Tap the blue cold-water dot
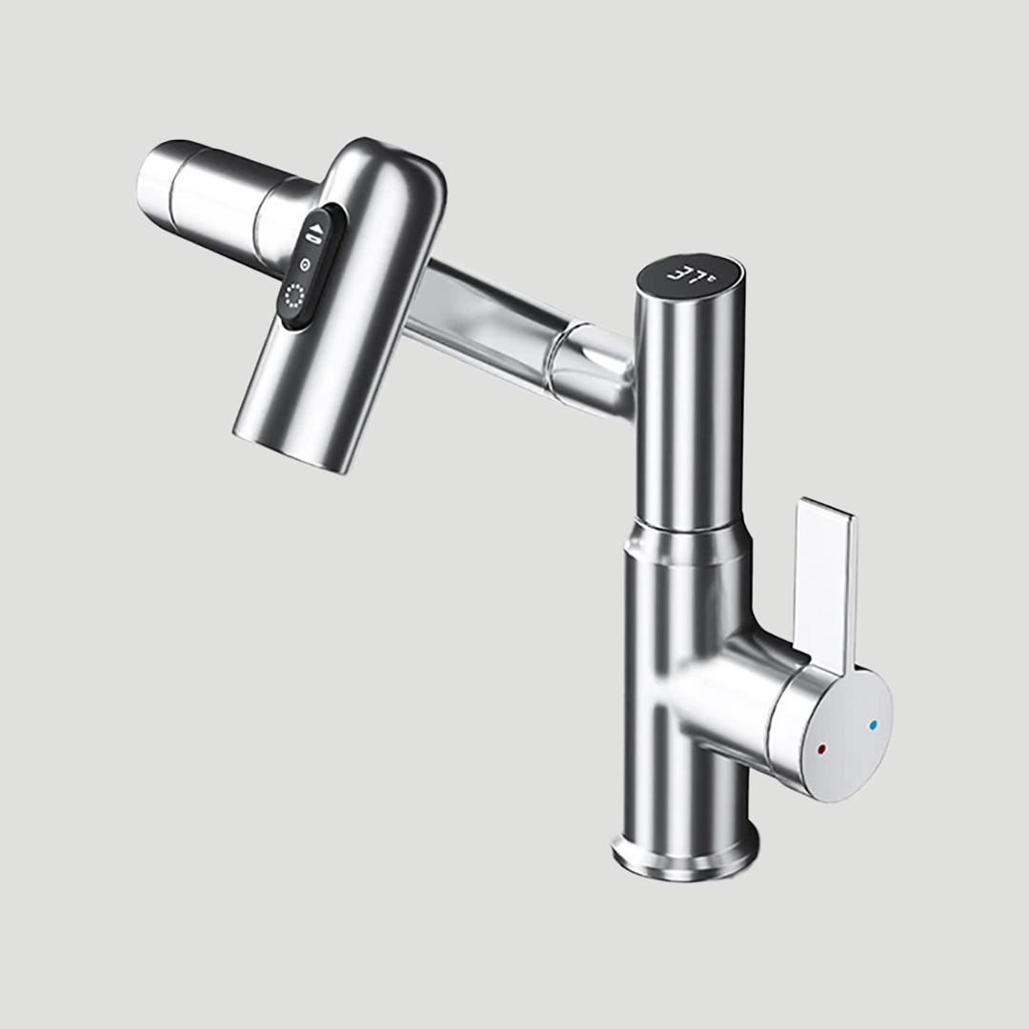(872, 725)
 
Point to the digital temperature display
(692, 276)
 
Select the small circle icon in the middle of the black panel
(304, 265)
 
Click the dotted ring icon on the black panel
(294, 298)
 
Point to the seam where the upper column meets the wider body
(688, 534)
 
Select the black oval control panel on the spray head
(306, 267)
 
